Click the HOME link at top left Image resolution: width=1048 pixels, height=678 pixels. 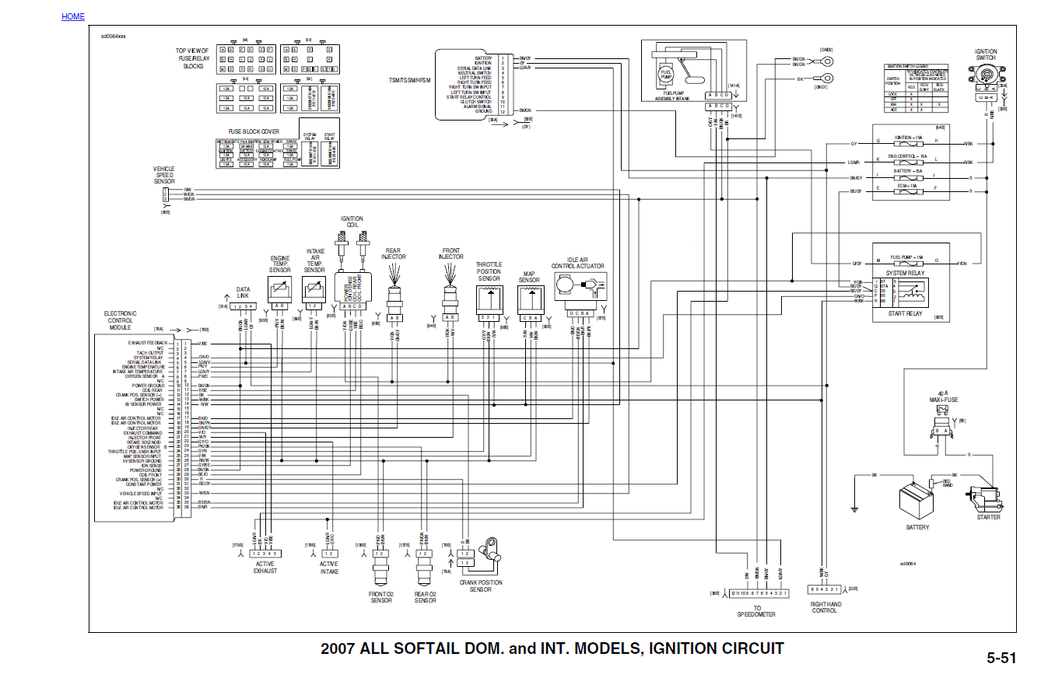73,16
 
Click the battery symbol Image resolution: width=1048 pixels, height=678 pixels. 916,499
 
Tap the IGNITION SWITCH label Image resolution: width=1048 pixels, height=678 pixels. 986,55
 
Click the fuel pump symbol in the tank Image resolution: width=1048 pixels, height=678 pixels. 666,75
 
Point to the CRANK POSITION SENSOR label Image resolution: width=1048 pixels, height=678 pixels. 480,585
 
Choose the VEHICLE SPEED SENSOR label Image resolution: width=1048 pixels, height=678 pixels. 164,175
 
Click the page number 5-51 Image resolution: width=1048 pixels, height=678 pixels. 1001,658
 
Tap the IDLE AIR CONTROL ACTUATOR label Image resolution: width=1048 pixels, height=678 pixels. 578,263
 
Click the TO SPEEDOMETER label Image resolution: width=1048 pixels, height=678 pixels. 756,611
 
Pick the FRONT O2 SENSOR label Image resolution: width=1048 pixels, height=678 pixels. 380,597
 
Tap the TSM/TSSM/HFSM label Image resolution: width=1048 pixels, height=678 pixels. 408,80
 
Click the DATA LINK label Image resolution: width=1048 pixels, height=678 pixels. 244,292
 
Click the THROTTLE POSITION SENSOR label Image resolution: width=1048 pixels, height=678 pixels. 489,271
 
